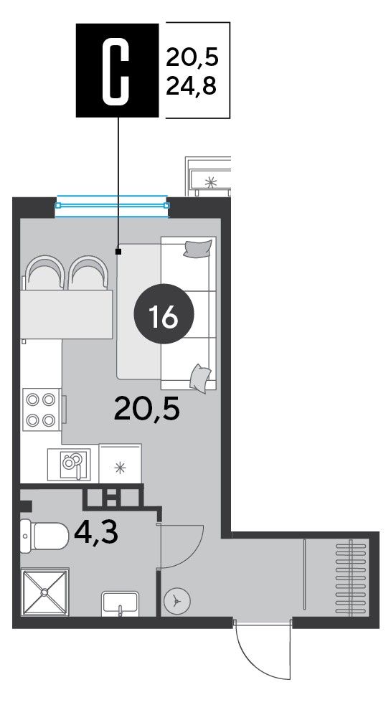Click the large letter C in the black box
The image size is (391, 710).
(x=118, y=70)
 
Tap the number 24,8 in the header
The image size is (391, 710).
(x=192, y=85)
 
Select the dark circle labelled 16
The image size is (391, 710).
(x=164, y=314)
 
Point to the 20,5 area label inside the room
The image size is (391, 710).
(x=147, y=409)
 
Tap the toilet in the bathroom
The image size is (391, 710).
(x=44, y=535)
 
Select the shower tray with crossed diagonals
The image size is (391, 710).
(x=44, y=592)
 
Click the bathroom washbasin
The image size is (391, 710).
(x=120, y=603)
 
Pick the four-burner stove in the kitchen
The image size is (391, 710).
(x=42, y=410)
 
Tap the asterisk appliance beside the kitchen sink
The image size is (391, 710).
(x=120, y=463)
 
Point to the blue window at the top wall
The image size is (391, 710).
(x=112, y=206)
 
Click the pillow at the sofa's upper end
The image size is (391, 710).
(x=198, y=248)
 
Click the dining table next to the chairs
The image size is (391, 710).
(x=66, y=315)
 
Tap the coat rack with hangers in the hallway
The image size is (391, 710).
(x=351, y=578)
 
